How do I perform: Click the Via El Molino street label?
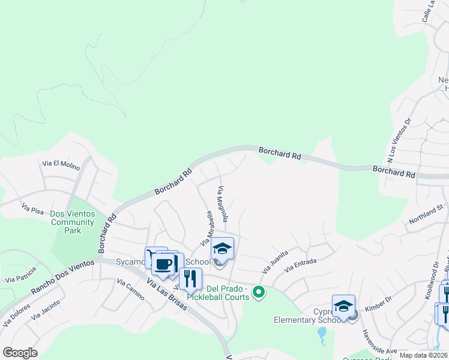[x=61, y=165]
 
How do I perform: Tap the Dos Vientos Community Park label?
[x=73, y=221]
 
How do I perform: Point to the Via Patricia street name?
[x=20, y=277]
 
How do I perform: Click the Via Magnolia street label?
[x=222, y=204]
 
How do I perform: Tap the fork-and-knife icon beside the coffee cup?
[x=190, y=278]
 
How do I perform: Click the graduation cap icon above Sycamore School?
[x=222, y=247]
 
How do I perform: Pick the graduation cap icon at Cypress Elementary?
[x=344, y=305]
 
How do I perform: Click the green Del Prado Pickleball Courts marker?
[x=259, y=292]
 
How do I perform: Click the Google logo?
[x=20, y=352]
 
